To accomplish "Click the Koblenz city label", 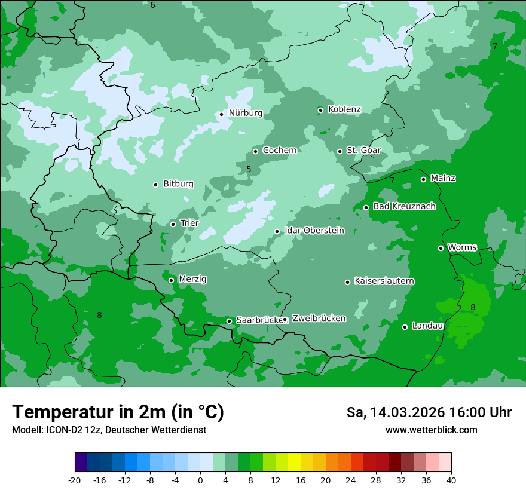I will tap(344, 109).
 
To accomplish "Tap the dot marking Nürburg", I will tap(221, 114).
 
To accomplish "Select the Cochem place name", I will tap(279, 151).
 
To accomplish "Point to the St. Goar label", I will tap(363, 151).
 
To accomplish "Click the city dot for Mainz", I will tap(423, 179).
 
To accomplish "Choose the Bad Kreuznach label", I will tap(404, 207).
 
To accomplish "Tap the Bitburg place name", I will tap(178, 184).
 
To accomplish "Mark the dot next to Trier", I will tap(173, 224).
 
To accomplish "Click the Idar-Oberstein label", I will tap(314, 231).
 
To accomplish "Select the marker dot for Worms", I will tap(441, 248).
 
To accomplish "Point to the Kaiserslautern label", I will tap(384, 281).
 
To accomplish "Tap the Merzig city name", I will tap(192, 280).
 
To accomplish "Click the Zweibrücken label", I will tap(319, 319).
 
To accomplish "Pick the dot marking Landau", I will tap(405, 327).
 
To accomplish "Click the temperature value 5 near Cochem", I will tap(249, 170).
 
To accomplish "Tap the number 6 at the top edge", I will tap(152, 5).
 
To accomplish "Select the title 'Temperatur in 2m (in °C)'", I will tap(118, 412).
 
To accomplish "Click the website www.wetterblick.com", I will tap(431, 430).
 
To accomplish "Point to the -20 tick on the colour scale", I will tap(75, 480).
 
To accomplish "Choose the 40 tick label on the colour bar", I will tap(451, 480).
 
